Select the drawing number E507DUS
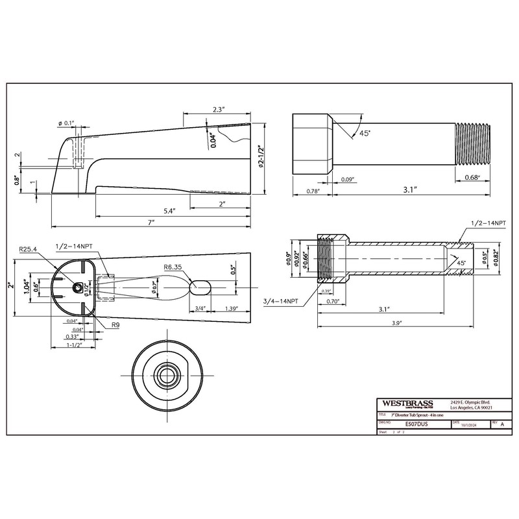415,423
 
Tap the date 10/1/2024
468,424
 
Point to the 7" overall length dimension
151,222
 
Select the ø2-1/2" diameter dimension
260,157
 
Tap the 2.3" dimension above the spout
217,110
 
